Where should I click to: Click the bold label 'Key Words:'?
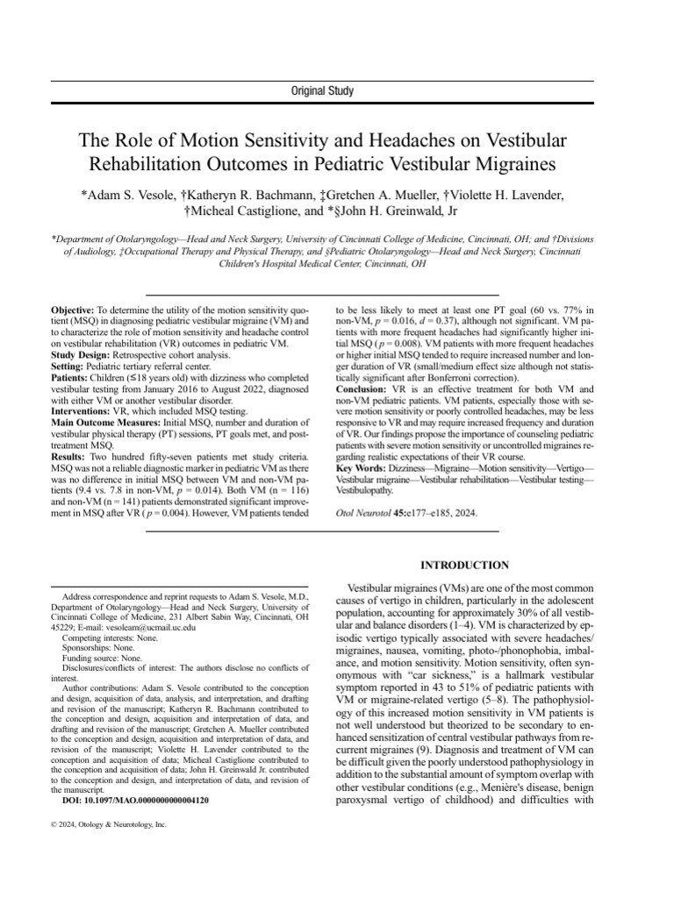point(364,470)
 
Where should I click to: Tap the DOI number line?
point(135,800)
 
